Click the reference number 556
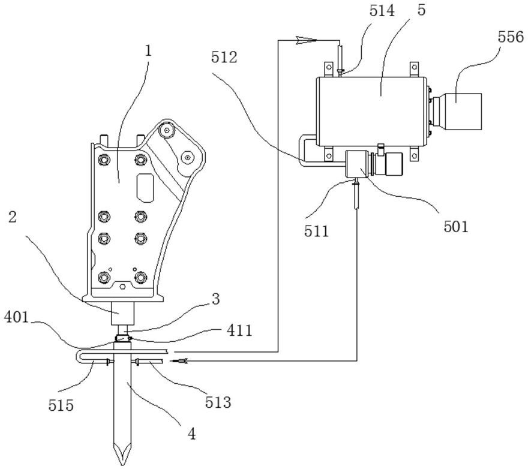(511, 37)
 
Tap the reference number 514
(382, 11)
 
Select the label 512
(224, 57)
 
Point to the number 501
(456, 227)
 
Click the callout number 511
(316, 232)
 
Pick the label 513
(218, 402)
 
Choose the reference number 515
(61, 405)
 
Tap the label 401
(17, 317)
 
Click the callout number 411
(239, 330)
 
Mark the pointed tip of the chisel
(122, 465)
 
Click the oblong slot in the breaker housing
(145, 188)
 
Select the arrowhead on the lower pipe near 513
(179, 361)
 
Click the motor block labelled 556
(463, 112)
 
